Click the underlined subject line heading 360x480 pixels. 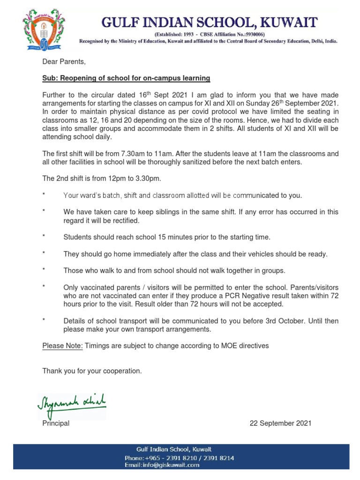[126, 78]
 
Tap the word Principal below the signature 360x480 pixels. [56, 423]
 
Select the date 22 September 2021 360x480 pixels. [280, 423]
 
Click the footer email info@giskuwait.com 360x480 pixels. [162, 465]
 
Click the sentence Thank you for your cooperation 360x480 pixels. [92, 371]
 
